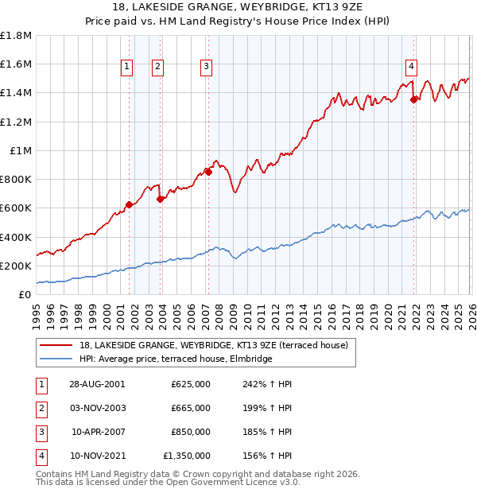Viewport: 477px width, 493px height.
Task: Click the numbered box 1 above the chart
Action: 127,68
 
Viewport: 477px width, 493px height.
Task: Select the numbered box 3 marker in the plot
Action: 206,68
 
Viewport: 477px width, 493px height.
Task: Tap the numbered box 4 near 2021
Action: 412,68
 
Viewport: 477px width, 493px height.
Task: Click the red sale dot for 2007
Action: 208,172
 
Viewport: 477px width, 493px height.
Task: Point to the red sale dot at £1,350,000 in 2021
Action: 413,99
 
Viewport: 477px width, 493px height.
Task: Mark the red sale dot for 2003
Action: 160,199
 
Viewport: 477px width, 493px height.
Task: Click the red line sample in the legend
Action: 56,346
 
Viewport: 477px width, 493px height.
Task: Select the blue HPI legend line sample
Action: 56,359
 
